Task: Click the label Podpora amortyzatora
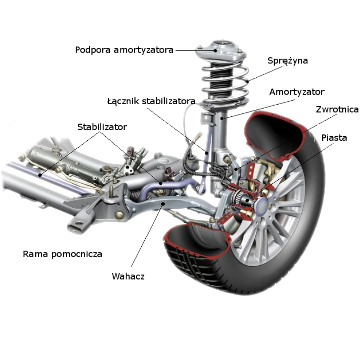124,50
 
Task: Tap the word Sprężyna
287,60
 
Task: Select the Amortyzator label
297,92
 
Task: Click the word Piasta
334,138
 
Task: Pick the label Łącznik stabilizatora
151,101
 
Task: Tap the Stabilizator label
102,127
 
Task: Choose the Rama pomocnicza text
62,254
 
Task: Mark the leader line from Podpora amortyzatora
193,50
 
